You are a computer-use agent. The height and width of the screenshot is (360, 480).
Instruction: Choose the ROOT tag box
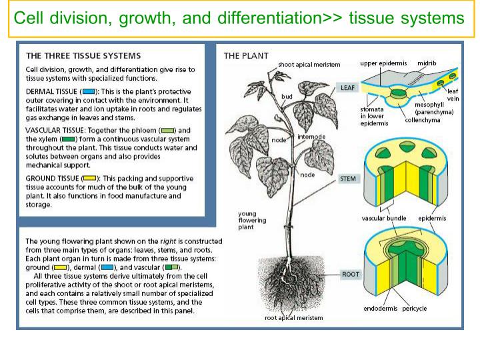pos(350,274)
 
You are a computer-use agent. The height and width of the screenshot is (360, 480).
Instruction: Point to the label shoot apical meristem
pos(309,65)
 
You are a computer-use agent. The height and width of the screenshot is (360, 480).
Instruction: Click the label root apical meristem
pos(293,318)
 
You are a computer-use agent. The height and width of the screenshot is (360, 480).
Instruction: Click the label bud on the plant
pos(287,97)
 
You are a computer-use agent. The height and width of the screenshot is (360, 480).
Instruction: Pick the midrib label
pos(427,63)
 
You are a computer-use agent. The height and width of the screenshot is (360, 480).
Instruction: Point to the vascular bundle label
pos(384,218)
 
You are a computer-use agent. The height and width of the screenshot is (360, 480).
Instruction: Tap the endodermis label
pos(381,308)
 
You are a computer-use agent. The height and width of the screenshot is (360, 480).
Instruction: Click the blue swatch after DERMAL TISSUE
pos(88,90)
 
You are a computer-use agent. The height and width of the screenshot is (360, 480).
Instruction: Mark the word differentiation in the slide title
pos(265,18)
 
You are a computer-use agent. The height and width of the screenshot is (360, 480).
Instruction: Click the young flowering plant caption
pos(253,221)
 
